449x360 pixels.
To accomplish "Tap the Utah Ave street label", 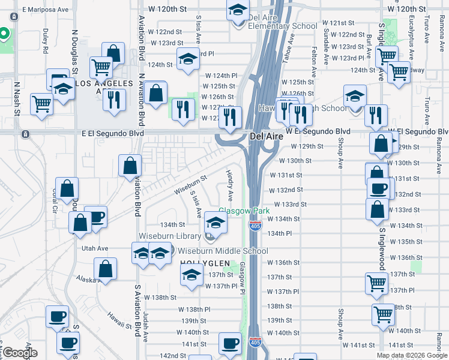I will [95, 248].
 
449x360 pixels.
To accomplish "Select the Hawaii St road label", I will [119, 319].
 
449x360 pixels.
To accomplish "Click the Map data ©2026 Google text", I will [412, 355].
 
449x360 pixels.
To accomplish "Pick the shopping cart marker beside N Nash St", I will [41, 103].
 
